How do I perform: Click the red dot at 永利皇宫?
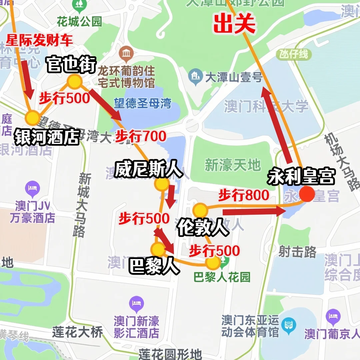307,194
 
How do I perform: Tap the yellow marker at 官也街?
74,82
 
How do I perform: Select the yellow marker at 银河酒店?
33,118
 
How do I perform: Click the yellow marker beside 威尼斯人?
162,184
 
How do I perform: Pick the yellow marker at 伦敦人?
200,211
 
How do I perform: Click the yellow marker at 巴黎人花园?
213,263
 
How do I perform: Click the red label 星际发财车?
39,41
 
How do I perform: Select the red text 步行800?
244,195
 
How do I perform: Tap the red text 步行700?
140,137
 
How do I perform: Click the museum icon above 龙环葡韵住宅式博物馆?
126,53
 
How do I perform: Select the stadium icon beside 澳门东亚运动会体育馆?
288,323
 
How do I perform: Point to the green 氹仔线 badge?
294,54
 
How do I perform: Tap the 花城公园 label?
79,22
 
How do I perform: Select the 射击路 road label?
297,252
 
